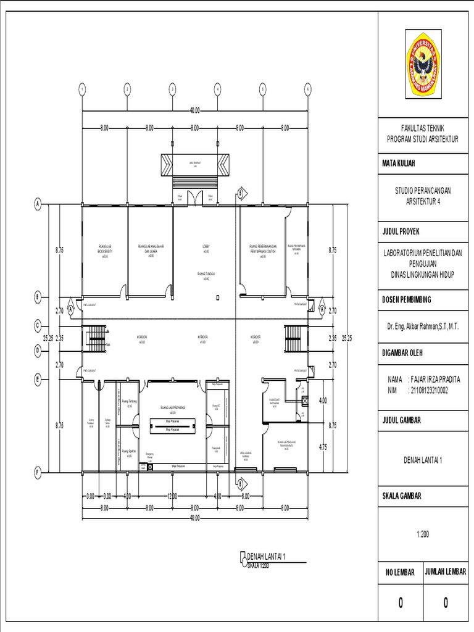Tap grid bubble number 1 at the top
tap(81, 89)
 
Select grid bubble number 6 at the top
tap(307, 89)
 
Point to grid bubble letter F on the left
tap(38, 473)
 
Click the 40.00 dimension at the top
tap(195, 110)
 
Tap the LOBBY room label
tap(206, 247)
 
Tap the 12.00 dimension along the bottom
tap(172, 496)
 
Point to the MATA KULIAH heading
tap(399, 164)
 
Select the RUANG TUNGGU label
tap(206, 274)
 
